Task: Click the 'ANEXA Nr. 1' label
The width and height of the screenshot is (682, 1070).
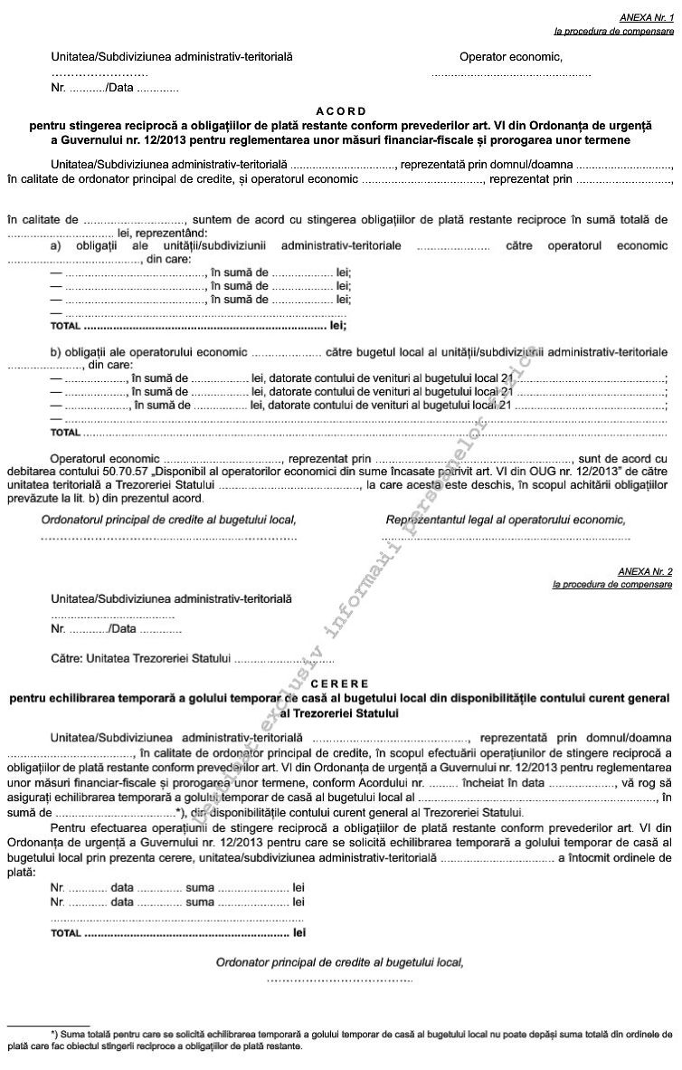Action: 646,17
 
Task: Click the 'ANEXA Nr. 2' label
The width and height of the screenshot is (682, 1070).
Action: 646,571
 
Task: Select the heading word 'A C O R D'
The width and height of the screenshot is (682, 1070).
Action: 341,110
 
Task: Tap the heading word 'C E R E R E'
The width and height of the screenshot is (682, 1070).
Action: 341,684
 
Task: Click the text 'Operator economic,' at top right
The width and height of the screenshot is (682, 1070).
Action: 511,58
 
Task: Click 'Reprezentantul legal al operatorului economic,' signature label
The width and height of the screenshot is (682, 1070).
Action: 506,520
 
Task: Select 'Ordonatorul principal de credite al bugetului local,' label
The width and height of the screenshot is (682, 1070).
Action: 169,520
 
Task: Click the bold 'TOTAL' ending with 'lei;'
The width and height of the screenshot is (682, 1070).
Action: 66,324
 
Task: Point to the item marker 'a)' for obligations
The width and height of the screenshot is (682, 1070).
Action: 56,245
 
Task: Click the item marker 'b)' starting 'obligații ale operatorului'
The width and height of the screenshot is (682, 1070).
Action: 56,350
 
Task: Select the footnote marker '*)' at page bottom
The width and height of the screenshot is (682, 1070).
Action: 55,1033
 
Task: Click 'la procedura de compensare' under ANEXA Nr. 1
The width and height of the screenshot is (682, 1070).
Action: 613,31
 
